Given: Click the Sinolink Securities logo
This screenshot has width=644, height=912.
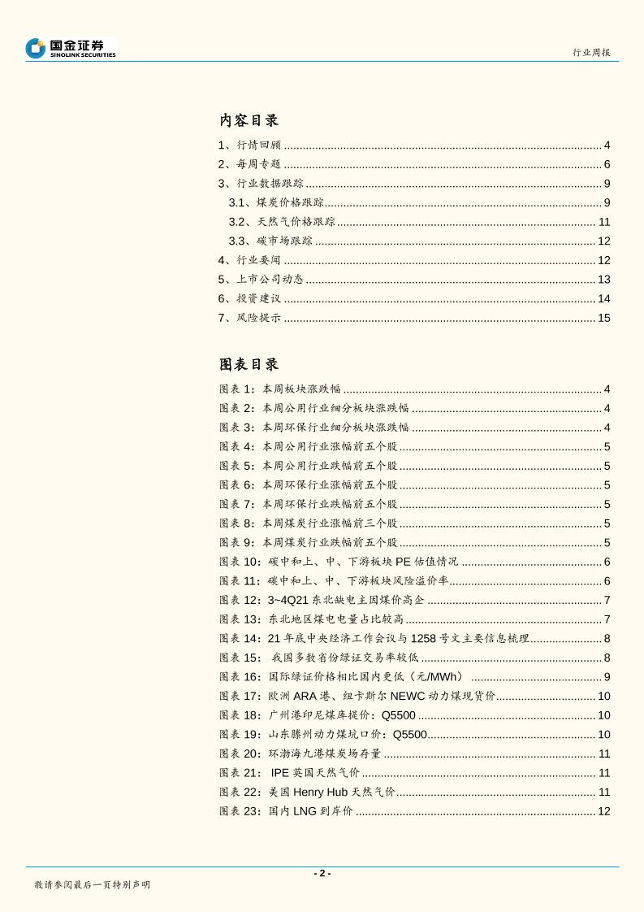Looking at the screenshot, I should pos(71,48).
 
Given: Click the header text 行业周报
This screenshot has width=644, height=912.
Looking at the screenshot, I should pos(591,53).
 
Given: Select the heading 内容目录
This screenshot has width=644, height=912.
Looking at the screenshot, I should pos(249,120).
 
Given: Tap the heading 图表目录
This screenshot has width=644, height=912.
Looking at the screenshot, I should pos(249,364).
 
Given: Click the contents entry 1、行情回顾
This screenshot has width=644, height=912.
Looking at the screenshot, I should pos(250,145).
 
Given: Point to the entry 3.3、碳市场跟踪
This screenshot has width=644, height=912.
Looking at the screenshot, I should pos(270,241).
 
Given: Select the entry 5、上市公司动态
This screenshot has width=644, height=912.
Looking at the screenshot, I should pos(261,279).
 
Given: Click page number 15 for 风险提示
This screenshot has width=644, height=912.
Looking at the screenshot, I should pos(603,318).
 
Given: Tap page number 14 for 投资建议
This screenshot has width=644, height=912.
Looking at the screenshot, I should pos(603,298).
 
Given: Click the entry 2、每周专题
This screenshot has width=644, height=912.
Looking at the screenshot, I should pos(250,164).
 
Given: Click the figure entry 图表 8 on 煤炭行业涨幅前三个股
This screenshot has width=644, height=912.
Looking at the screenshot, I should pos(309,523).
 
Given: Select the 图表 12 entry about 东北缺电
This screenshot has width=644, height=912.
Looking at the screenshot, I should pos(322,600).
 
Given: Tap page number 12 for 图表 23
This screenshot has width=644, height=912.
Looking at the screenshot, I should pos(603,811).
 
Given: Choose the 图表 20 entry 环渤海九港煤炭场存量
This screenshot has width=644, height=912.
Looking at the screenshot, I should pos(300,753).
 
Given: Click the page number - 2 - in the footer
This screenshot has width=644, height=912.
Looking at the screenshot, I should pos(322,873).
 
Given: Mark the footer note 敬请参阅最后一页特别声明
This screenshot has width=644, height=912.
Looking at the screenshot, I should pos(92,885).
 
